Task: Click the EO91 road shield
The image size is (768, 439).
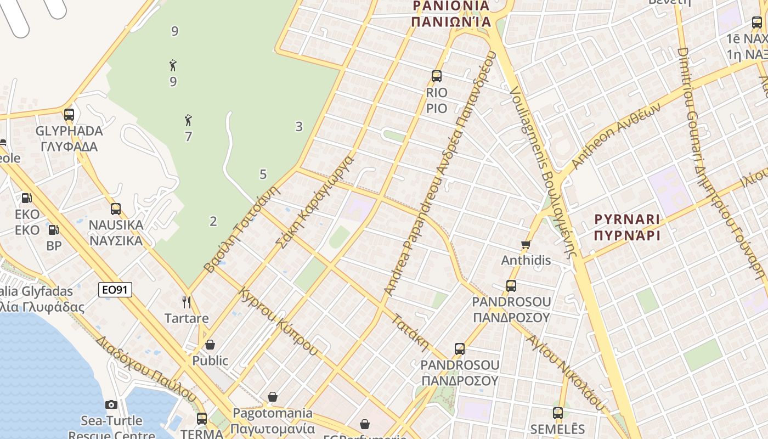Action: point(115,290)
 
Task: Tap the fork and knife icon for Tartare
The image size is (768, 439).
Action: point(187,302)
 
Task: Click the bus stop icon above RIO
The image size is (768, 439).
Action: point(437,76)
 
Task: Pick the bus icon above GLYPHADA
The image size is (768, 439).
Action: point(69,115)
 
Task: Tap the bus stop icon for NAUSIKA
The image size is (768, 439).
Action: point(115,209)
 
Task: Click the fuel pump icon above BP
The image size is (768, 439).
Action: point(54,230)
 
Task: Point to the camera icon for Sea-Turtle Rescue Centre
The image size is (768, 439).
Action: point(111,405)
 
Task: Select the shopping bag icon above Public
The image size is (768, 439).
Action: point(210,345)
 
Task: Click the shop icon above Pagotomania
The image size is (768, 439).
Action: point(273,397)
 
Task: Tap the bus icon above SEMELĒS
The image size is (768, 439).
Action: point(557,413)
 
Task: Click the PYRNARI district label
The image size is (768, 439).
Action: point(627,219)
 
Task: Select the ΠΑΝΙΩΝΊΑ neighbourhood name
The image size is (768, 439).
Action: point(450,22)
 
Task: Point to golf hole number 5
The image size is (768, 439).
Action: point(263,175)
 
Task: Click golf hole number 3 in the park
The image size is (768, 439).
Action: point(298,127)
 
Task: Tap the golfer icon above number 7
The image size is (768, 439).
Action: point(188,120)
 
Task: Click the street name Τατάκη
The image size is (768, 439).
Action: point(410,332)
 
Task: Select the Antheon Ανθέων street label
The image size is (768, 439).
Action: point(613,137)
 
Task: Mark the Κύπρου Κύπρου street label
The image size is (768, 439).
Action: point(278,321)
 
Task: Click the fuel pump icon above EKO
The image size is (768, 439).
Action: point(26,198)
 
